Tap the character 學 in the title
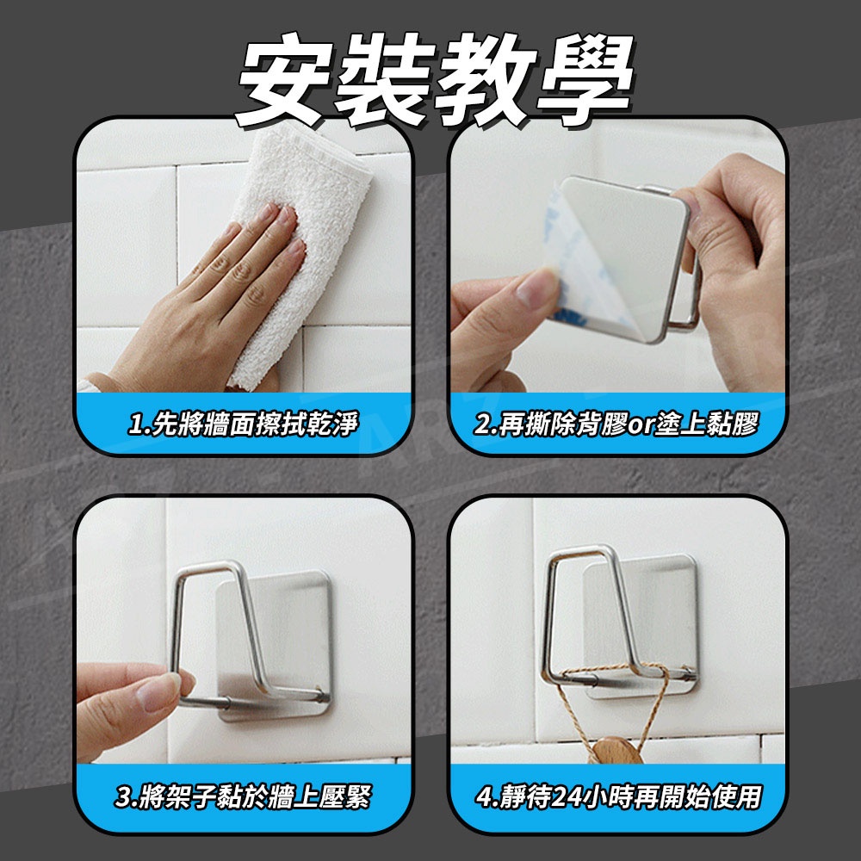coord(585,79)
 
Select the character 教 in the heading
coord(486,79)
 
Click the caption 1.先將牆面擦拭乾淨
coord(243,424)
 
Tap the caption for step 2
coord(616,424)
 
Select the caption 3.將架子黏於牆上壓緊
coord(243,797)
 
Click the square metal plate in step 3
coord(275,645)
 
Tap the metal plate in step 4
coord(640,626)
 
